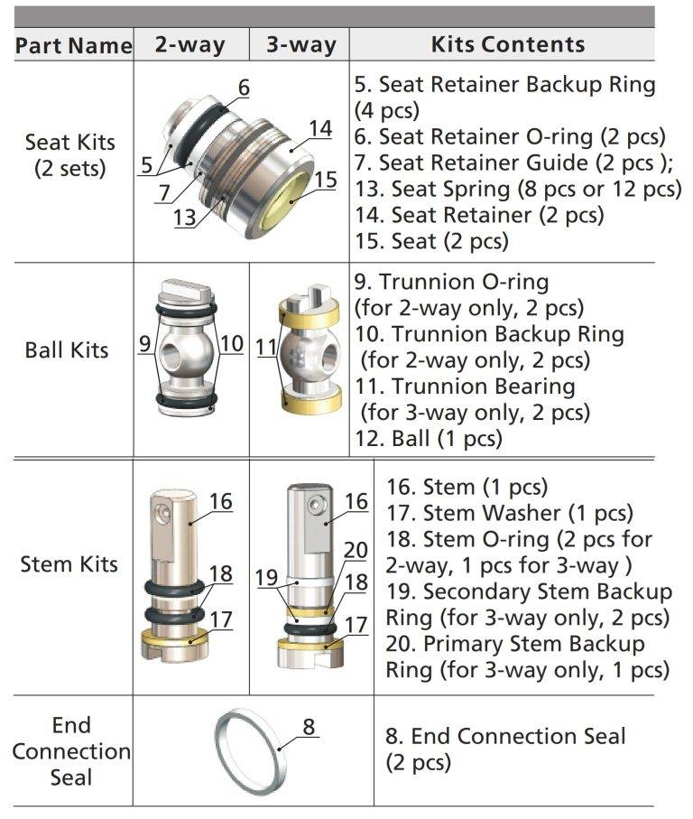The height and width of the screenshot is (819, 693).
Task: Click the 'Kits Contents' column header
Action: (x=508, y=44)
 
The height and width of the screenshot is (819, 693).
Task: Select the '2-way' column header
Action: (x=190, y=45)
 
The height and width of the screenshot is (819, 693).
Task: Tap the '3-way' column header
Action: (x=301, y=45)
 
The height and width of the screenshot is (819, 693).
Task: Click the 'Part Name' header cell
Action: (x=74, y=45)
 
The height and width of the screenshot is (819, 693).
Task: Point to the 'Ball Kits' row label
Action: (x=67, y=350)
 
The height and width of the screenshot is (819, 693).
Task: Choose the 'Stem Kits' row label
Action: (x=69, y=564)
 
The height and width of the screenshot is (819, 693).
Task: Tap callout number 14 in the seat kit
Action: (x=320, y=128)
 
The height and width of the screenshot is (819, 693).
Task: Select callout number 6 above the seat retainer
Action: (x=244, y=88)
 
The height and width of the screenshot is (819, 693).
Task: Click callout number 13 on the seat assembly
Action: (x=185, y=218)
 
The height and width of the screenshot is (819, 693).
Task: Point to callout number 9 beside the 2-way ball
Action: (x=144, y=344)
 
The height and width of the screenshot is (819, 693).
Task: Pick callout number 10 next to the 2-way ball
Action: (x=232, y=344)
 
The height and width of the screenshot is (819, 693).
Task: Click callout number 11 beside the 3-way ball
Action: (x=266, y=347)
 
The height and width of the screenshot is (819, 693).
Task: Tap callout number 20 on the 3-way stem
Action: (x=356, y=551)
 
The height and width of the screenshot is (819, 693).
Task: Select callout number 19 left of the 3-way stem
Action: (x=266, y=578)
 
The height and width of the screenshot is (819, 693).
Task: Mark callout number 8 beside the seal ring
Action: (x=309, y=727)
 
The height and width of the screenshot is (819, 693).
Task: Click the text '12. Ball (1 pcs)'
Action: (x=429, y=439)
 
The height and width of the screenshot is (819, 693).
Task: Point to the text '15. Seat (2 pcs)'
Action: (x=431, y=241)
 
